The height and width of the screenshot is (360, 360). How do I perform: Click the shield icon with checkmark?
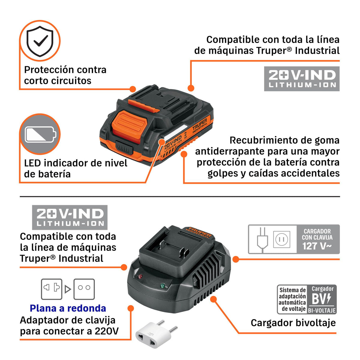(40, 41)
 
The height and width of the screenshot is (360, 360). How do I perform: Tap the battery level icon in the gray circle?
(40, 134)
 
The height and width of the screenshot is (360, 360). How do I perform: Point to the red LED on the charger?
(140, 276)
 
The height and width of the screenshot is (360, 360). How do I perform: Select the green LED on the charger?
(163, 286)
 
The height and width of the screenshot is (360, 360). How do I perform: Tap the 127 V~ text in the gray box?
(317, 246)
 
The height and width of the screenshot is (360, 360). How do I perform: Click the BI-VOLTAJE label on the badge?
(322, 310)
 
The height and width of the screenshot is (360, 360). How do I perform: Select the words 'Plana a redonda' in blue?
(68, 308)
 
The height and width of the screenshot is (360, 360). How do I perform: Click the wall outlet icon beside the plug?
(282, 239)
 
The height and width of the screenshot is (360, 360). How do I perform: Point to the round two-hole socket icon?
(84, 289)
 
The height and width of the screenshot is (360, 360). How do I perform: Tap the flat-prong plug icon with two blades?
(52, 289)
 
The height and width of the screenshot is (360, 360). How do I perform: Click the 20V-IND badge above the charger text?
(70, 217)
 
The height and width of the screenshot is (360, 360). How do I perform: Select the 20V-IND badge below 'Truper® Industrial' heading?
(302, 79)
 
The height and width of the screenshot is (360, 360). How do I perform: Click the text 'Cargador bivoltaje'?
(293, 322)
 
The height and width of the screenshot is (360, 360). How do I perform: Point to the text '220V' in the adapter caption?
(107, 331)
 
